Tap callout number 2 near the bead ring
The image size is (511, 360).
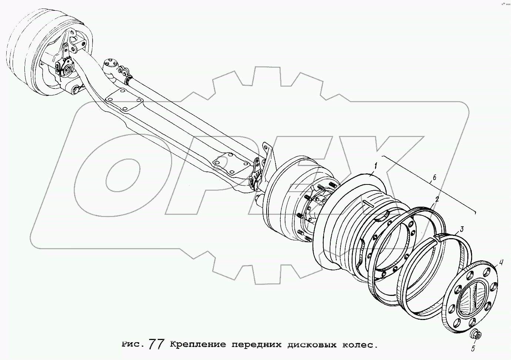[437, 199]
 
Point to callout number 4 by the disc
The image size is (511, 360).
[501, 263]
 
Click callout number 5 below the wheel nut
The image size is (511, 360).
[473, 348]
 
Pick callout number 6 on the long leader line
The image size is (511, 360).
[434, 177]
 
